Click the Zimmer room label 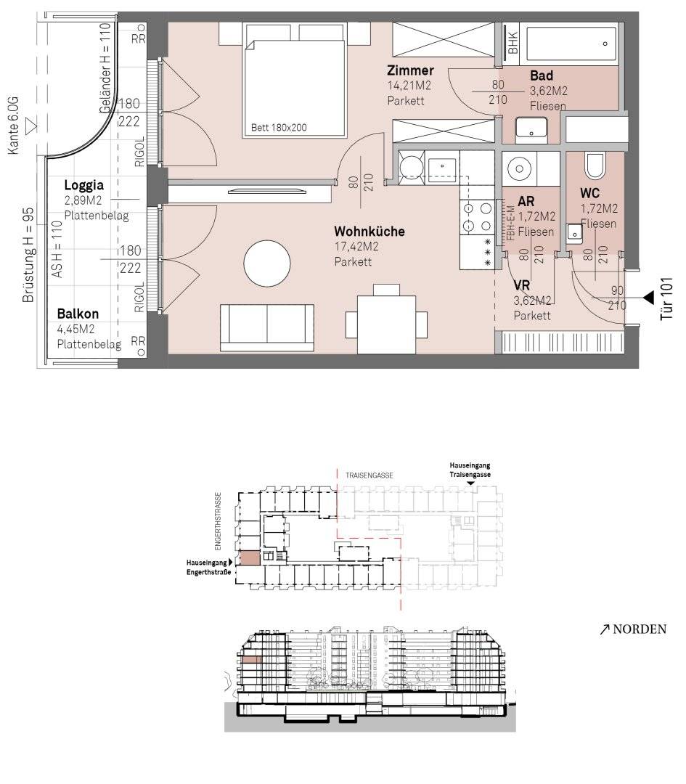pos(410,70)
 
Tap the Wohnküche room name pos(369,232)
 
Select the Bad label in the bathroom pos(541,76)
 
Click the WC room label pos(589,193)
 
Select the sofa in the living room pos(267,327)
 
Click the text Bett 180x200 pos(279,128)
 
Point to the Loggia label pos(84,185)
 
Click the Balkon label pos(78,314)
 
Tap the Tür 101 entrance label pos(666,298)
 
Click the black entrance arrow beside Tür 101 pos(648,298)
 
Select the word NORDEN pos(640,629)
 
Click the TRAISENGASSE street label pos(369,475)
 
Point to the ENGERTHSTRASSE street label pos(218,521)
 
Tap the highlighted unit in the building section pos(252,660)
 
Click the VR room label pos(521,285)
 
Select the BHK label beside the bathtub pos(513,44)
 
